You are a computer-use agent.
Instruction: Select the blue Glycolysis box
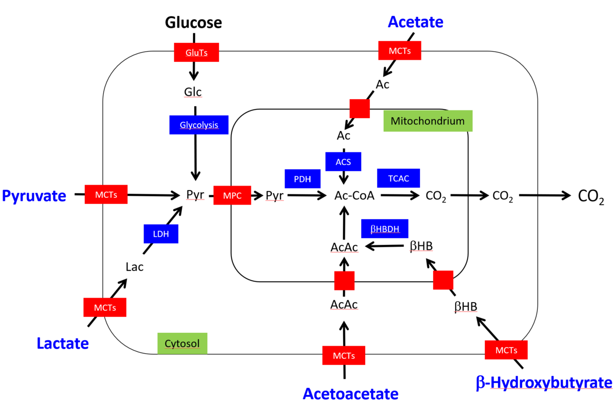pyautogui.click(x=199, y=125)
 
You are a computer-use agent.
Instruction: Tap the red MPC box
pyautogui.click(x=232, y=195)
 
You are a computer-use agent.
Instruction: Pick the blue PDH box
pyautogui.click(x=302, y=179)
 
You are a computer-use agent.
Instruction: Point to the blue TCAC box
pyautogui.click(x=398, y=178)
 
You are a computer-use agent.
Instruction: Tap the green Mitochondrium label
pyautogui.click(x=428, y=121)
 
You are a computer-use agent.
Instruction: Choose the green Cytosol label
pyautogui.click(x=182, y=343)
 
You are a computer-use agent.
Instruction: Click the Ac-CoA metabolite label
pyautogui.click(x=355, y=195)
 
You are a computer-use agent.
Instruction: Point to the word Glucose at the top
pyautogui.click(x=193, y=22)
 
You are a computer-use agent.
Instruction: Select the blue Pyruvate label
pyautogui.click(x=34, y=195)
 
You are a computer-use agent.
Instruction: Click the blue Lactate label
pyautogui.click(x=62, y=343)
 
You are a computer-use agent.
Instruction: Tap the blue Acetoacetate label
pyautogui.click(x=350, y=394)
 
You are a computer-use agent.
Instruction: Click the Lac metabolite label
pyautogui.click(x=134, y=266)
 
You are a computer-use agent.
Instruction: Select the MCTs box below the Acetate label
pyautogui.click(x=399, y=51)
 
